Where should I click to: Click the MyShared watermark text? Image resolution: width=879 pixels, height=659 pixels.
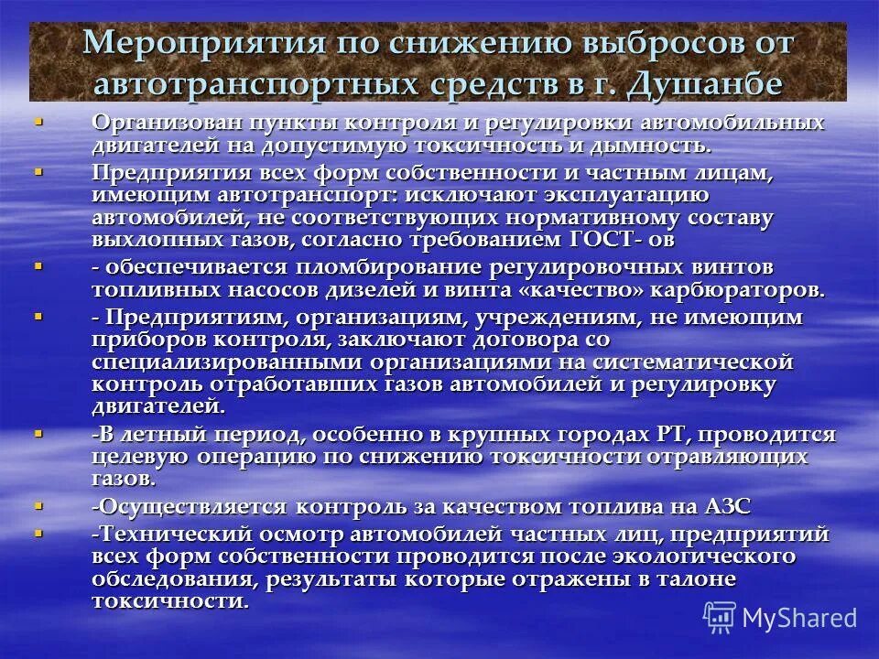pos(799,616)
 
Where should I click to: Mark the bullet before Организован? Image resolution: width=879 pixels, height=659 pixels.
pos(38,120)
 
